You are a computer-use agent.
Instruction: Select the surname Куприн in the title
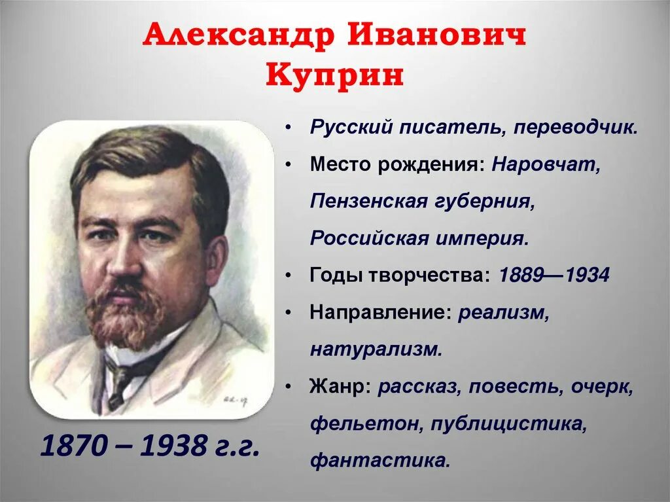point(334,77)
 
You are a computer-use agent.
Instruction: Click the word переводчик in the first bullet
point(574,128)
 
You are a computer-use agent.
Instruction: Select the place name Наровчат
point(546,164)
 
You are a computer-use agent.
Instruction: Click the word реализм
point(503,312)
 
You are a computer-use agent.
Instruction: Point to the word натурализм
point(376,350)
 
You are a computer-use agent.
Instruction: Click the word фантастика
point(379,460)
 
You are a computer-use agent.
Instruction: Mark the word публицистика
point(508,423)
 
